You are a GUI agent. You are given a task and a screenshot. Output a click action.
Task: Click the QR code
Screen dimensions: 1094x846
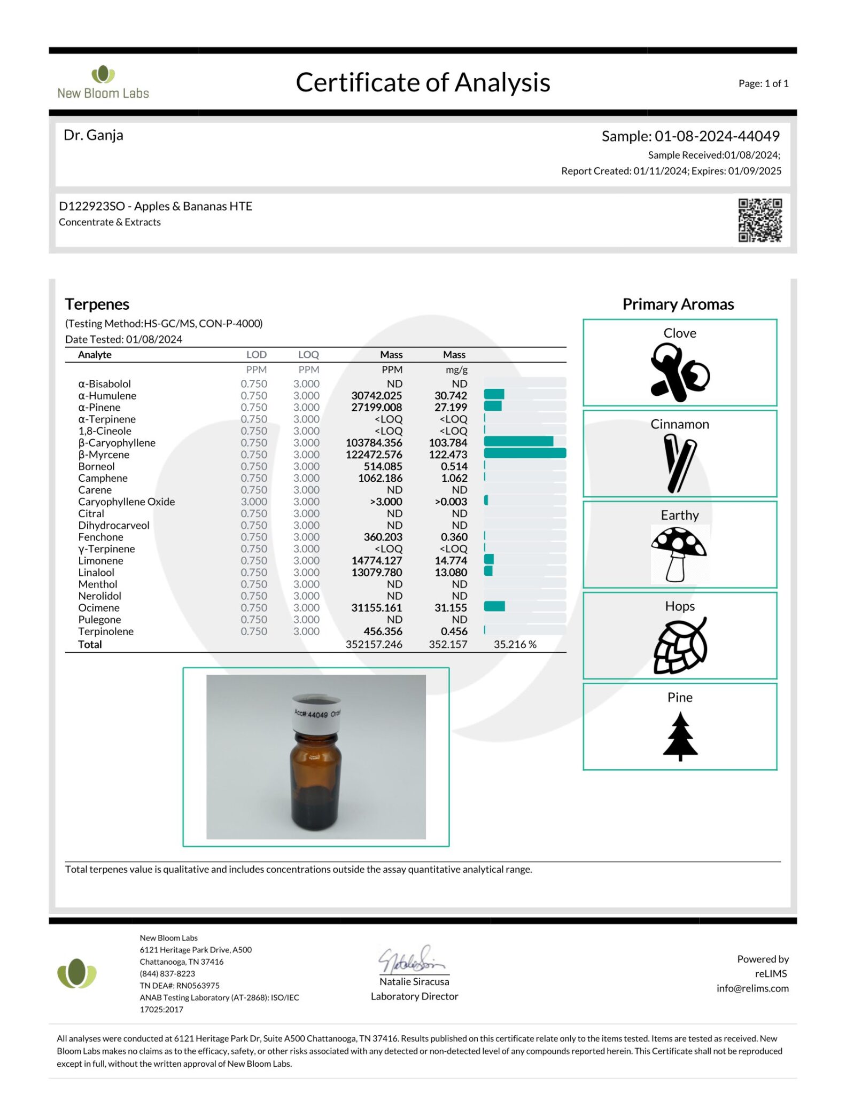pos(759,220)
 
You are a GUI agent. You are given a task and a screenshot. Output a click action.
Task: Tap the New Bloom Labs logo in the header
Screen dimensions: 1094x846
pos(103,82)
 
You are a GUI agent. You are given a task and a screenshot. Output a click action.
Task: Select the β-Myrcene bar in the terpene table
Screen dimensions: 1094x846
pos(524,454)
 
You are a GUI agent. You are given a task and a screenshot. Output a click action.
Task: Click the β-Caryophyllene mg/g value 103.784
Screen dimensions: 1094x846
pos(448,443)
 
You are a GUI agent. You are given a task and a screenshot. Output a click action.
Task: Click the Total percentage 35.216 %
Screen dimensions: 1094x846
pos(515,644)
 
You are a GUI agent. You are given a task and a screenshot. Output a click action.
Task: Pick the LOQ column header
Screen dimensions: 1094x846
pos(308,355)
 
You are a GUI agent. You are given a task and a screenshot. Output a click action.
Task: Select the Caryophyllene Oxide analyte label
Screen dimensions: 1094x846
pos(127,502)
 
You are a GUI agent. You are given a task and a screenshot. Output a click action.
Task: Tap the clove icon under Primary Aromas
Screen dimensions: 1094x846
pos(679,372)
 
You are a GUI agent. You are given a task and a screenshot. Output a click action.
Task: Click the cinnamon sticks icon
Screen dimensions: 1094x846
pos(679,463)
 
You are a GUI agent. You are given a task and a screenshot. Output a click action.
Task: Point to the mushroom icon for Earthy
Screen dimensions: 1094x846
pos(679,553)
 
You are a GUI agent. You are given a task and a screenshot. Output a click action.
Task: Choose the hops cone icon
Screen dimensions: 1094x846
pos(680,645)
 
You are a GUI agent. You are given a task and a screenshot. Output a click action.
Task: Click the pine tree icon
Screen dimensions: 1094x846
pos(680,736)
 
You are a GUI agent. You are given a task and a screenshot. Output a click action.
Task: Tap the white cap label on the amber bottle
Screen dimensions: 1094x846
pos(317,714)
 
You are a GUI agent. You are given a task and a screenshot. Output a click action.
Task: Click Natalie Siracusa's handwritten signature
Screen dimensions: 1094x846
pos(411,960)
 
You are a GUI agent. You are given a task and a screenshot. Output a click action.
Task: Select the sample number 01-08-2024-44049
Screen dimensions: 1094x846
pos(717,136)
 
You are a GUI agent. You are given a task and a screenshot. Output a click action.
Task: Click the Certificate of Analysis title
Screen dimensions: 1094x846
pos(423,83)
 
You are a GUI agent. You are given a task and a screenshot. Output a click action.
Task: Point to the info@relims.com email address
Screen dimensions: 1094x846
pos(752,988)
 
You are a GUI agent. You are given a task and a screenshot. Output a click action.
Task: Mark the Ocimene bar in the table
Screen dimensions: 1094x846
pos(494,606)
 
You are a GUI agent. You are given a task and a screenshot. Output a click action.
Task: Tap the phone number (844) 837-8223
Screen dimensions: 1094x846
pos(167,974)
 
